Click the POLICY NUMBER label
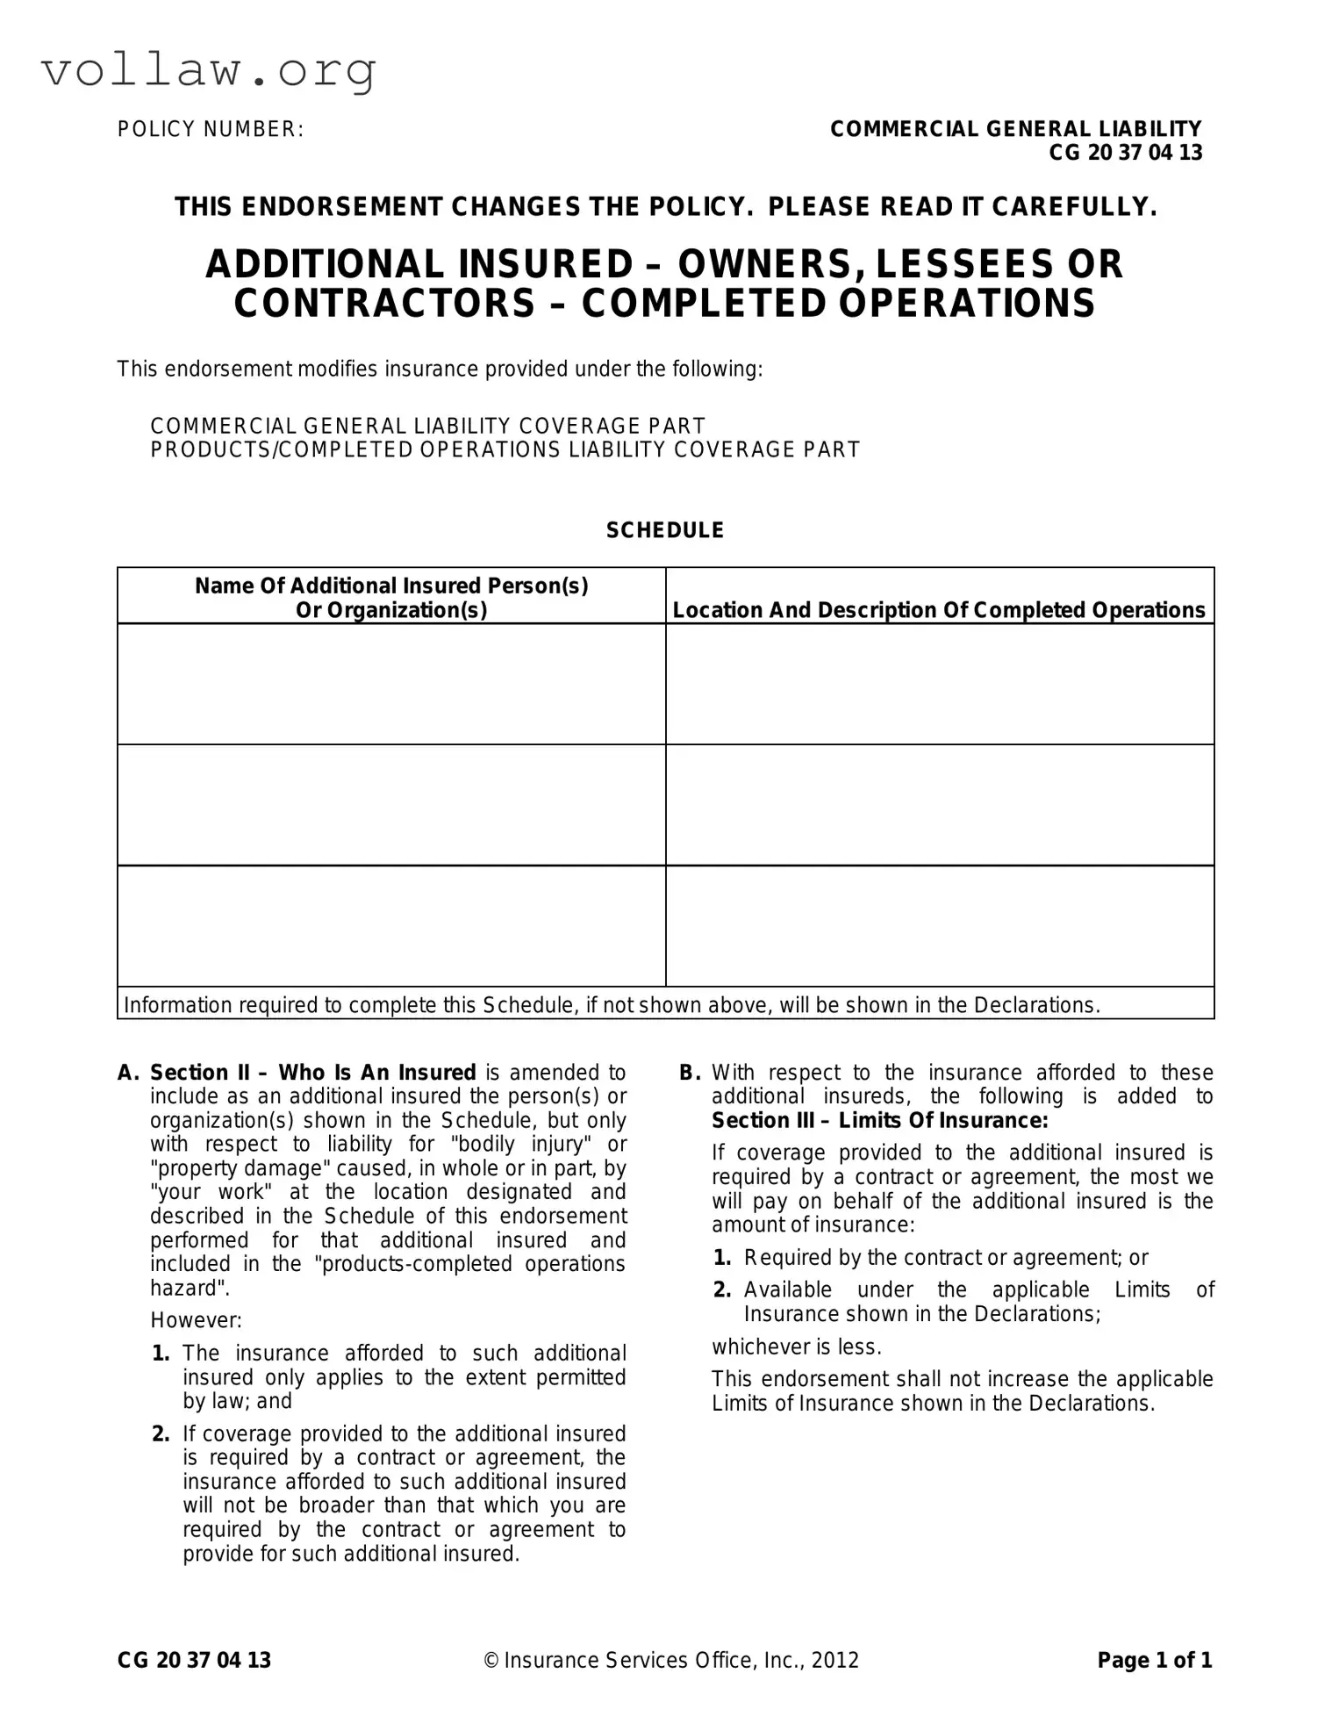coord(211,130)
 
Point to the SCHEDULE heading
coord(665,530)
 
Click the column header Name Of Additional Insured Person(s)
coord(391,585)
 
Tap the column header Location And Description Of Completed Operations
coord(939,610)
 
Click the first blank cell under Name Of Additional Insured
coord(391,684)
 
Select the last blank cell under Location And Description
coord(940,926)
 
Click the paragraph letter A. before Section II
coord(128,1073)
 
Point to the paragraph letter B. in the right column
coord(690,1073)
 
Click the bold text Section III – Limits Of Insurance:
coord(879,1121)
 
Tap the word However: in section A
coord(196,1320)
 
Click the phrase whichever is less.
coord(796,1347)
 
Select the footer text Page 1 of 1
coord(1154,1660)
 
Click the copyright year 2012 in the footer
coord(835,1660)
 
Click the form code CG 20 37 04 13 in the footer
coord(194,1660)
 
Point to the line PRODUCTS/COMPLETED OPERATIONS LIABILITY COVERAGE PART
coord(505,450)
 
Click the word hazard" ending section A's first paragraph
coord(183,1288)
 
